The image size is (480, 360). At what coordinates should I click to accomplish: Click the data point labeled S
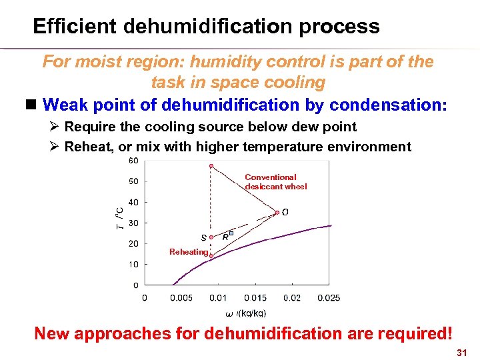[x=211, y=237]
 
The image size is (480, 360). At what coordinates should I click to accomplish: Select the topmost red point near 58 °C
[x=211, y=166]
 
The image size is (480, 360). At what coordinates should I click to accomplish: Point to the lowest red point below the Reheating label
[x=211, y=255]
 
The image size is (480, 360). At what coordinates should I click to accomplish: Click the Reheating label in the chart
[x=189, y=251]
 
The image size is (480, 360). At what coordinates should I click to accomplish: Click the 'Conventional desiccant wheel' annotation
[x=275, y=182]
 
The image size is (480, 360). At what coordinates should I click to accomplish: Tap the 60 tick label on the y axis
[x=133, y=161]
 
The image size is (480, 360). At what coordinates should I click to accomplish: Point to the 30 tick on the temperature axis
[x=133, y=223]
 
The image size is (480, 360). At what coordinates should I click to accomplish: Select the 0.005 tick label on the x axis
[x=181, y=298]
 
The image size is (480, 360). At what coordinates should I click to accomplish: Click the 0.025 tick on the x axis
[x=328, y=298]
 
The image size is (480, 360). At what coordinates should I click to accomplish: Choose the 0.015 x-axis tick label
[x=255, y=298]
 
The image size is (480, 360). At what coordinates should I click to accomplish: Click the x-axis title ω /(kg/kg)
[x=246, y=313]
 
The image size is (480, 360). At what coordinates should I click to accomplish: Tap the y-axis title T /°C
[x=119, y=215]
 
